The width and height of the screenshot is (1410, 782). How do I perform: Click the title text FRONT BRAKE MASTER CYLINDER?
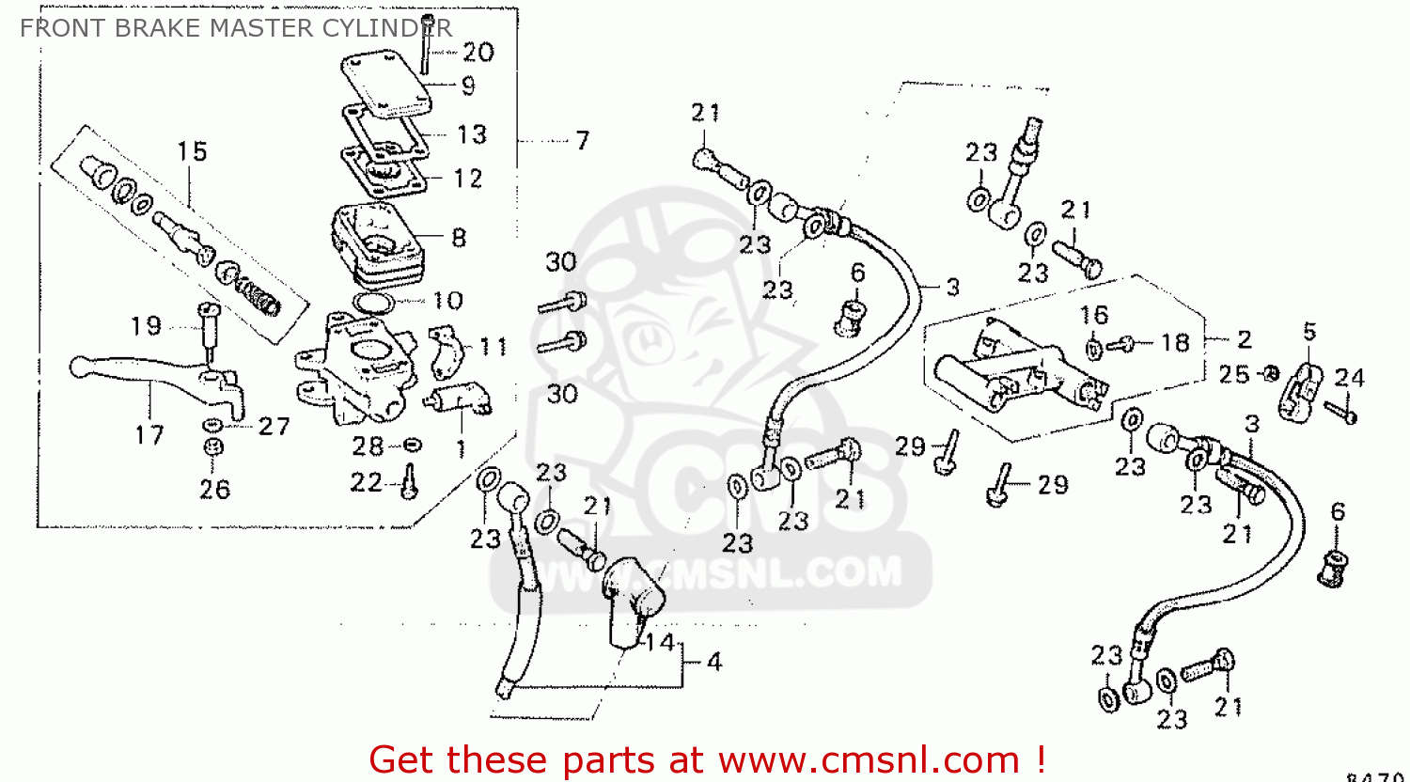(x=235, y=28)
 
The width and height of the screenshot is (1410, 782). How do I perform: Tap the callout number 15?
(x=192, y=151)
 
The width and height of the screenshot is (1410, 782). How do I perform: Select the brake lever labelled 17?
(x=141, y=369)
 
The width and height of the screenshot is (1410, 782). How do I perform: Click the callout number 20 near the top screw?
(x=478, y=53)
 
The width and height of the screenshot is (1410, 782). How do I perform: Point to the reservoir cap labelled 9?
(x=385, y=85)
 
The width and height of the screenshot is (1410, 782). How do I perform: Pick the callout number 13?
(x=472, y=135)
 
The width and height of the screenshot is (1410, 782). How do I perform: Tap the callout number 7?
(x=583, y=141)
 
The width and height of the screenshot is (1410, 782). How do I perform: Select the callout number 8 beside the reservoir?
(x=459, y=238)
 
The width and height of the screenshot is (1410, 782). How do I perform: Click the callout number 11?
(x=493, y=348)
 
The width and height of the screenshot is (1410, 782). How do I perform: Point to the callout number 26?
(x=214, y=489)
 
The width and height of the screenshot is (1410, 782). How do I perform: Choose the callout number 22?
(x=367, y=483)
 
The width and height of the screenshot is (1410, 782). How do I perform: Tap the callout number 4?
(x=714, y=663)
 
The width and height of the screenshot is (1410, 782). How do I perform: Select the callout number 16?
(x=1094, y=315)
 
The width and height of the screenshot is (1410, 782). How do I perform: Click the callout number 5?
(x=1309, y=332)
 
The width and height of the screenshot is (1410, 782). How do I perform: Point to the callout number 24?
(x=1349, y=378)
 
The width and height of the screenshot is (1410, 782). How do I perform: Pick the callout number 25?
(x=1233, y=374)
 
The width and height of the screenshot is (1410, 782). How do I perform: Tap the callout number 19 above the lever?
(x=146, y=326)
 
